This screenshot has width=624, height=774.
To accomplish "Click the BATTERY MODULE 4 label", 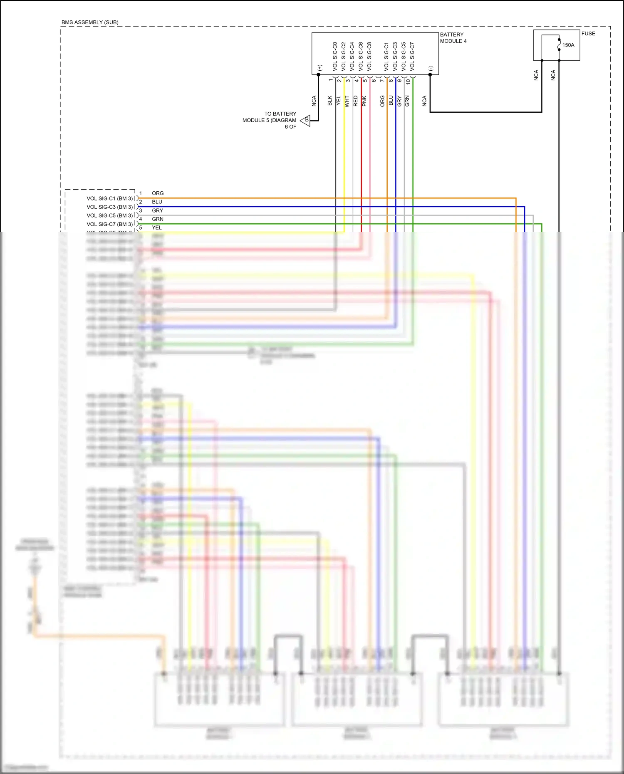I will coord(453,38).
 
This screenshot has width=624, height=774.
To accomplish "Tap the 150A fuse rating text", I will coord(568,45).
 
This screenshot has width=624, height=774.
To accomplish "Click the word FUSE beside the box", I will coord(588,34).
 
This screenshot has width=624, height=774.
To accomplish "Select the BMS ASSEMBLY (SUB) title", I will coord(90,22).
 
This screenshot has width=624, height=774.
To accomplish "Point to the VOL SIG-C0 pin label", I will coord(335,56).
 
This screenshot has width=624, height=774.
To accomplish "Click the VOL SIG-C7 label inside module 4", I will coord(412,56).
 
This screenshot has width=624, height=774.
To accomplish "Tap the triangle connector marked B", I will coord(306,120).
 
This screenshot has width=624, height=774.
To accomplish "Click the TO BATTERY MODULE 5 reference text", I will coord(270,120).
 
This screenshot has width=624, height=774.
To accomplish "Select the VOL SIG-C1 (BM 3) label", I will coord(109,198).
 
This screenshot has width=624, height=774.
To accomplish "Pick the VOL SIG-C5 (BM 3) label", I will coord(109,215).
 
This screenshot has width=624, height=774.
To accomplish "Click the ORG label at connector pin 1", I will coord(158,193).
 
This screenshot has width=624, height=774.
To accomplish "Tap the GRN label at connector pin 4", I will coord(158,219).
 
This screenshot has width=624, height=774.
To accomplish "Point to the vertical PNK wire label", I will coord(364,101).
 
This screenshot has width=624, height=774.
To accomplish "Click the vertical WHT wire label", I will coord(347,101).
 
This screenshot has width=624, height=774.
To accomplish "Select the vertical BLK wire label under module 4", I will coord(330,101).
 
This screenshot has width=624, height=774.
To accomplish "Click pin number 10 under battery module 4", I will coord(408,82).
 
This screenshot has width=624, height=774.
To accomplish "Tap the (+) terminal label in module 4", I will coord(319,67).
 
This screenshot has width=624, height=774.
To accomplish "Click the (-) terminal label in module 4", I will coord(431,68).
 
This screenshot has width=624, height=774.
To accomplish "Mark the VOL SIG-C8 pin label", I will coord(369,56).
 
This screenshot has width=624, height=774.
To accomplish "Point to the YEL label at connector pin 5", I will coord(157,228).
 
